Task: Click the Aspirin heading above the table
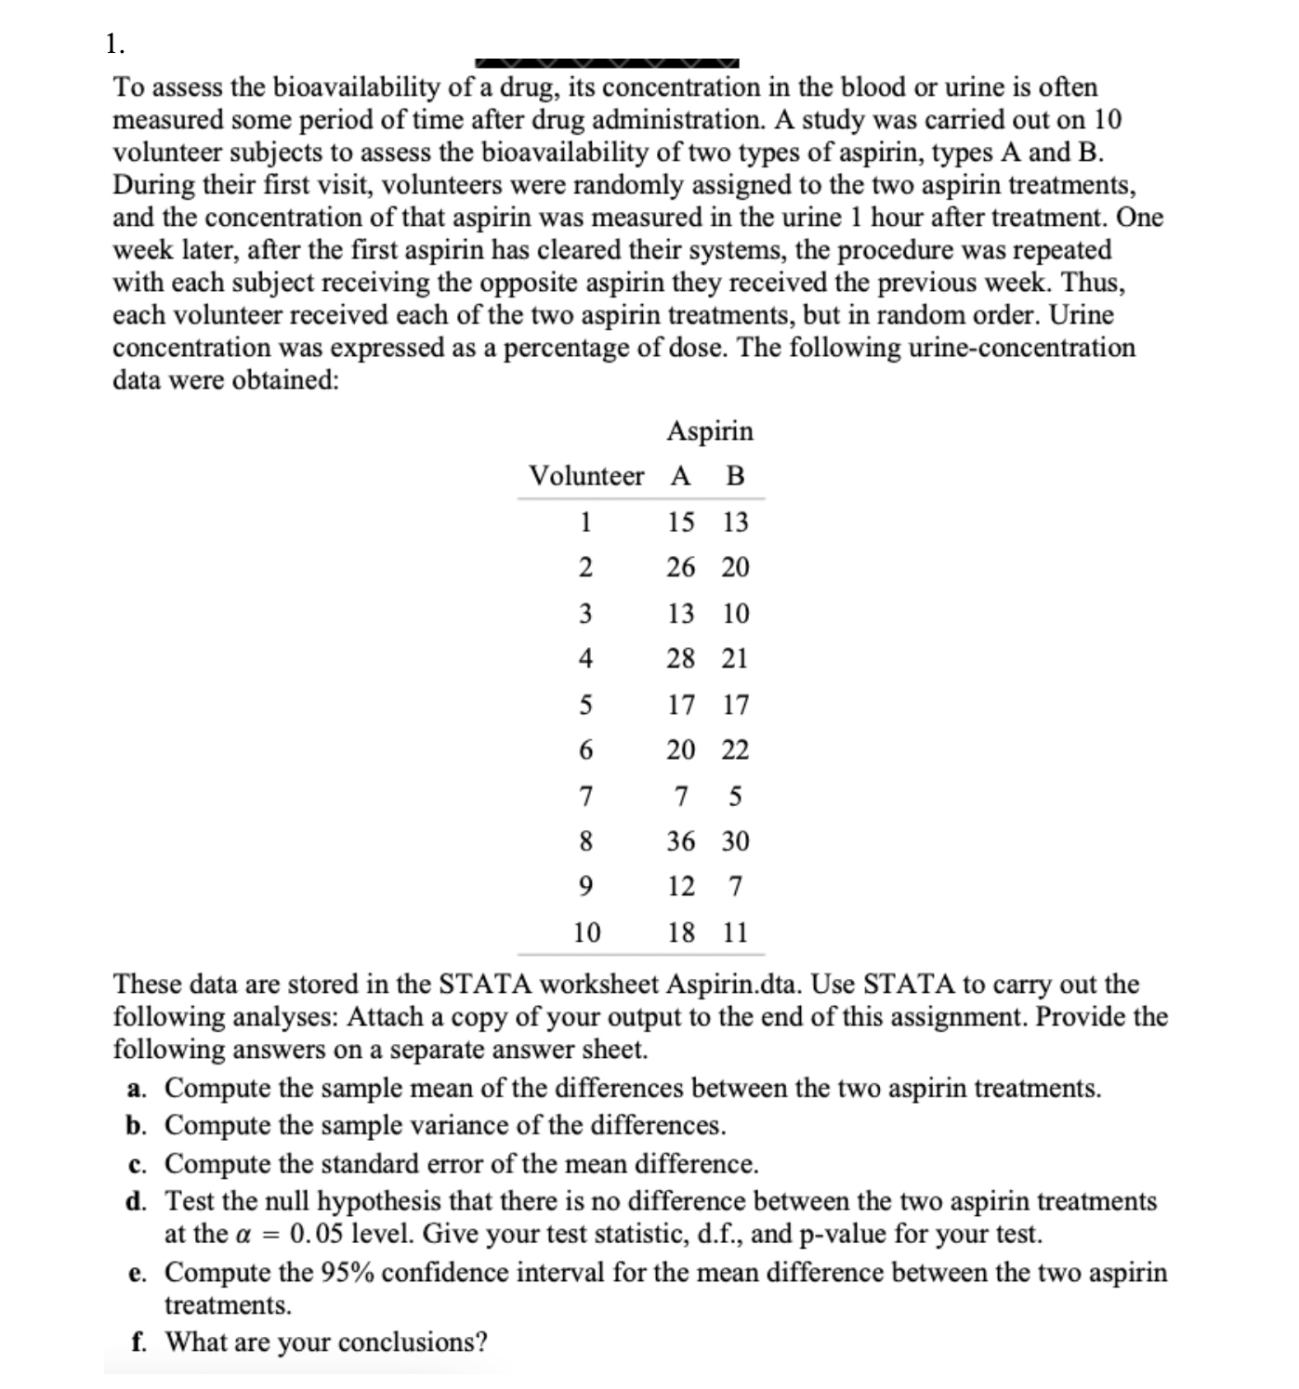click(710, 431)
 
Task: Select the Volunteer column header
click(585, 476)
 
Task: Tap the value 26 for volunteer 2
click(680, 567)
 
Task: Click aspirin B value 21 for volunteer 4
click(735, 658)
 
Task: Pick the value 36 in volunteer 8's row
click(680, 841)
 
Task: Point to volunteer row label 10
click(586, 932)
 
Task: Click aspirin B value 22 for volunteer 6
click(735, 749)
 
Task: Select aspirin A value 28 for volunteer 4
click(680, 658)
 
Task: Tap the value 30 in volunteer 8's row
click(735, 841)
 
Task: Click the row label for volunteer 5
click(585, 705)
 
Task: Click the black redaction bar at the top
click(607, 63)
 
